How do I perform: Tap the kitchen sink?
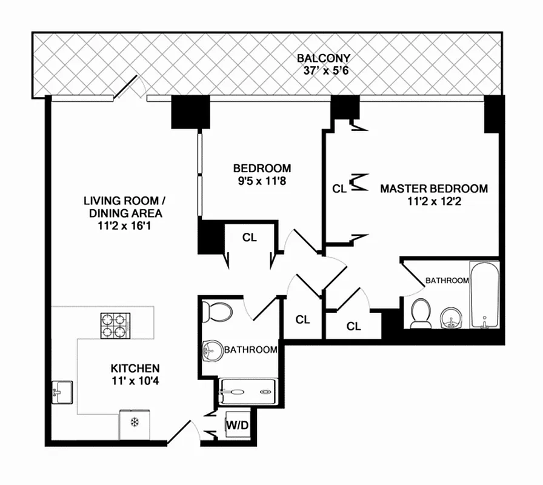(61, 393)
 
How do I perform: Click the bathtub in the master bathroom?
(485, 295)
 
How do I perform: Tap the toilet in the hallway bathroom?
(216, 311)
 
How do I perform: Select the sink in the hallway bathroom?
(213, 350)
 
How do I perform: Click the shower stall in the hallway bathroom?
(247, 392)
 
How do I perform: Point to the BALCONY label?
(324, 59)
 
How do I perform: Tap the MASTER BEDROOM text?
(433, 189)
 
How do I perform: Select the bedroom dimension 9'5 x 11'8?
(262, 180)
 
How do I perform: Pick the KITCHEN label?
(135, 369)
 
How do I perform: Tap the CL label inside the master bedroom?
(339, 189)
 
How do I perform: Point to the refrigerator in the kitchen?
(135, 424)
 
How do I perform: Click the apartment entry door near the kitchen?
(184, 432)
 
